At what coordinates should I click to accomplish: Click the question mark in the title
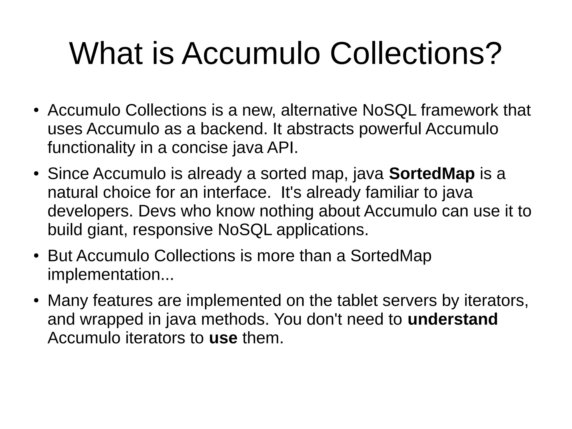(492, 53)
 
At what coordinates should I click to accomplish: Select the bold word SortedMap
(432, 174)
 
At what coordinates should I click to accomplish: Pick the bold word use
(223, 338)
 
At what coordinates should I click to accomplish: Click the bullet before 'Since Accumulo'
(35, 174)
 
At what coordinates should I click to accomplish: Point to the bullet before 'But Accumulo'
(35, 256)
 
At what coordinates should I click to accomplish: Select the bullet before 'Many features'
(35, 301)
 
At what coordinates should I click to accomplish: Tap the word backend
(234, 129)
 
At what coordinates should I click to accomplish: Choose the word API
(282, 148)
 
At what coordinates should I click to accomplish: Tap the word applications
(322, 230)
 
